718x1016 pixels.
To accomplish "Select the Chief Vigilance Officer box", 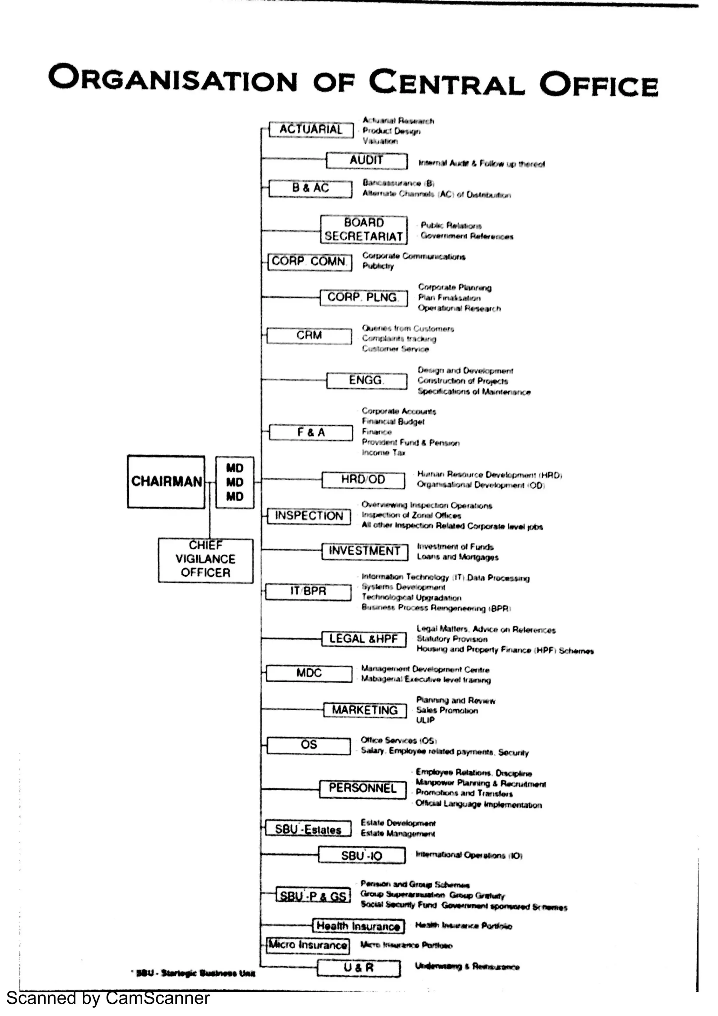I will pyautogui.click(x=206, y=560).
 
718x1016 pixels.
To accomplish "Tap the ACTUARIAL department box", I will pyautogui.click(x=311, y=129).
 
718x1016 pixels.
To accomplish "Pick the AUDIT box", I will pyautogui.click(x=367, y=161).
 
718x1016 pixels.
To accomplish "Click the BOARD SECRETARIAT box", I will pyautogui.click(x=364, y=230).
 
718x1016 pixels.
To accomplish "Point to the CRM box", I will pyautogui.click(x=309, y=336).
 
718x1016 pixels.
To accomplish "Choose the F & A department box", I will pyautogui.click(x=311, y=432).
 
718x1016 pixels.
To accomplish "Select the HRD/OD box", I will pyautogui.click(x=363, y=480).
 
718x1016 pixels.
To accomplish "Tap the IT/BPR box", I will pyautogui.click(x=309, y=591).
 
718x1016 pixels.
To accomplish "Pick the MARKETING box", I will pyautogui.click(x=365, y=710).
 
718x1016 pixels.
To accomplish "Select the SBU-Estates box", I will pyautogui.click(x=309, y=829).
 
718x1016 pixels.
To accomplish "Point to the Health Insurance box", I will pyautogui.click(x=358, y=926).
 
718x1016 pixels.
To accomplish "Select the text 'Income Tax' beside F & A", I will pyautogui.click(x=384, y=453).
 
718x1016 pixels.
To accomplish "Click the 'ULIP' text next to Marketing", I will pyautogui.click(x=425, y=720).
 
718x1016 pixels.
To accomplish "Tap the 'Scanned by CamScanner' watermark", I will pyautogui.click(x=108, y=999).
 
